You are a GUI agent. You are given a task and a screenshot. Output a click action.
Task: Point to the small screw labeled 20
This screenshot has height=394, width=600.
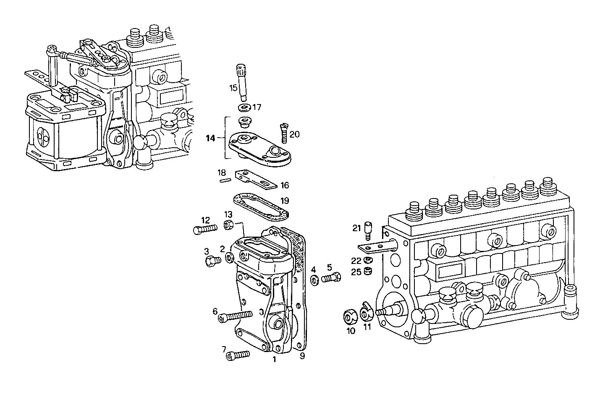click(x=283, y=133)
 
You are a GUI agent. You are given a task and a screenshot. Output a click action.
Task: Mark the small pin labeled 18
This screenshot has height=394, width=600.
click(x=225, y=181)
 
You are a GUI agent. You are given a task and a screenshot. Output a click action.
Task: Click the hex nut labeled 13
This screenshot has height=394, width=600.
click(x=229, y=225)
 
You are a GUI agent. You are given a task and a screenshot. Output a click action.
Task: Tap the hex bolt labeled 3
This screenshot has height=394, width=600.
click(x=213, y=261)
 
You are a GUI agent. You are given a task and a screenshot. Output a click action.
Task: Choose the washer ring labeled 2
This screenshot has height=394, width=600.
click(x=230, y=258)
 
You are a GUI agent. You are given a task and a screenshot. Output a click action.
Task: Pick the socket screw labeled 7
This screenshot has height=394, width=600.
click(x=237, y=355)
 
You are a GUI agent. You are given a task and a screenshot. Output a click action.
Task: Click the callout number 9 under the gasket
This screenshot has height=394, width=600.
click(x=302, y=357)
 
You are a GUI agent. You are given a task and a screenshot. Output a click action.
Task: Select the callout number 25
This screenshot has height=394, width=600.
click(x=356, y=272)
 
